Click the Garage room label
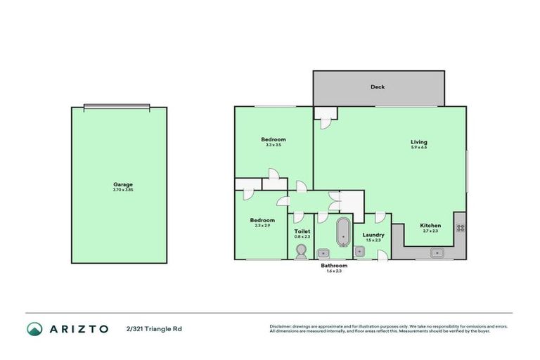pyautogui.click(x=122, y=184)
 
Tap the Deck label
pyautogui.click(x=378, y=87)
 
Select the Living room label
pyautogui.click(x=419, y=142)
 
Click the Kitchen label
pyautogui.click(x=430, y=226)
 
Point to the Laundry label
pyautogui.click(x=373, y=235)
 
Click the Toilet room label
pyautogui.click(x=302, y=231)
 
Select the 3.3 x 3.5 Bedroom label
pyautogui.click(x=274, y=139)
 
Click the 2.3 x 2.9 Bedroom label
pyautogui.click(x=262, y=220)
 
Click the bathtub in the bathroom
pyautogui.click(x=343, y=233)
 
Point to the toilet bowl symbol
pyautogui.click(x=302, y=250)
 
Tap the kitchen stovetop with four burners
pyautogui.click(x=461, y=227)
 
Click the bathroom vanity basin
pyautogui.click(x=324, y=252)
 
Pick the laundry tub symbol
pyautogui.click(x=359, y=252)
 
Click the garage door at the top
pyautogui.click(x=117, y=107)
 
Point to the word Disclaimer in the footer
pyautogui.click(x=281, y=326)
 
